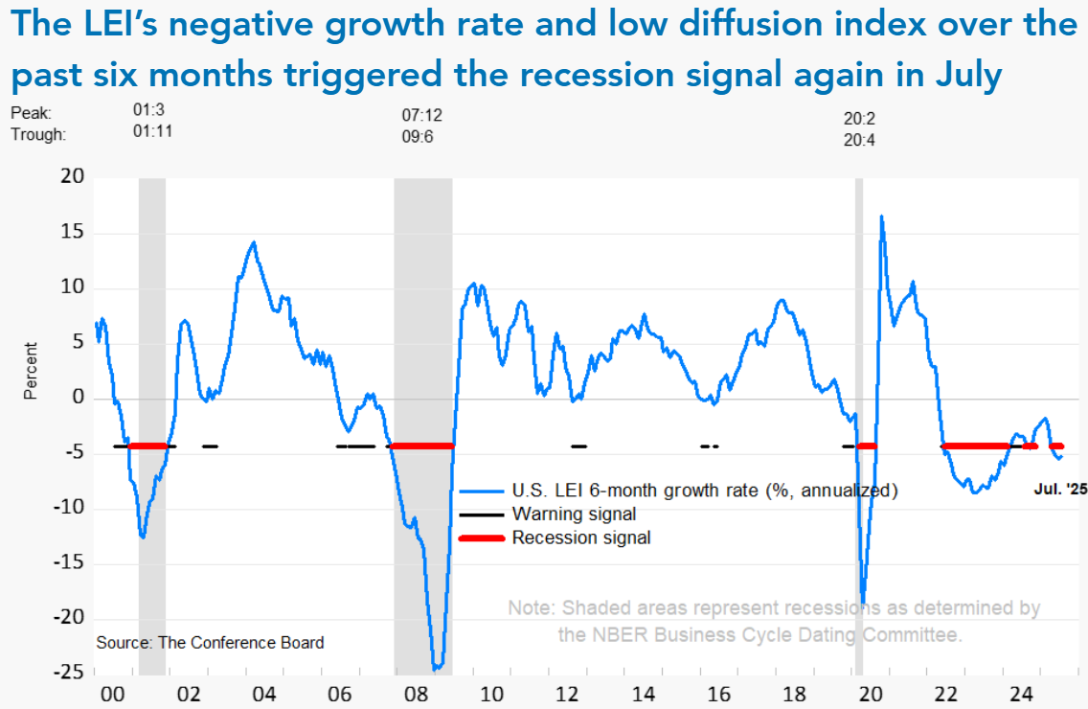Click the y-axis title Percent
click(32, 371)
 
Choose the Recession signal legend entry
click(580, 537)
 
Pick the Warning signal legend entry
click(574, 515)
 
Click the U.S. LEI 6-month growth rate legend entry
click(704, 491)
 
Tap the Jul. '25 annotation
click(1060, 489)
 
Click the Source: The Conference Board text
click(210, 642)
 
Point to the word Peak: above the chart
click(30, 114)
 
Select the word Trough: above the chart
click(38, 135)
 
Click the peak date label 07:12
click(421, 116)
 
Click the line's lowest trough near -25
click(436, 668)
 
